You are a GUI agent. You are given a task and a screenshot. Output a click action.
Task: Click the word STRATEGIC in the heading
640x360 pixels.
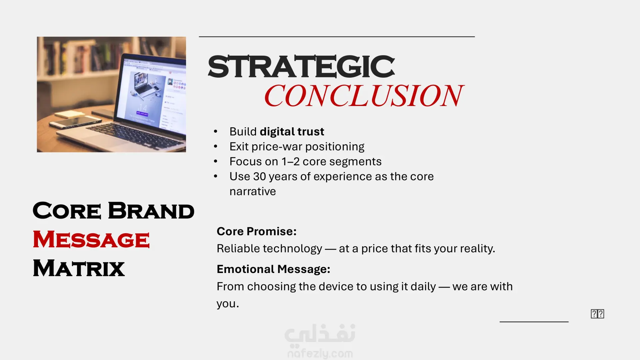pos(301,67)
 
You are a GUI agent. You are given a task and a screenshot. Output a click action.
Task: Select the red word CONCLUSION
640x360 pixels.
pos(364,96)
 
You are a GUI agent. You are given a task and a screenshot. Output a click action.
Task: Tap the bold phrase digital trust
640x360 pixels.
pos(292,132)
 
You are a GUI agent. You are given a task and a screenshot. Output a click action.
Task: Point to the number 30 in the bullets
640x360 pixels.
pos(259,176)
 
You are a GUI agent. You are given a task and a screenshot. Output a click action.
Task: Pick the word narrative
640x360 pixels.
pos(253,192)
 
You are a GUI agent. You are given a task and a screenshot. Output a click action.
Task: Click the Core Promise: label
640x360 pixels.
pos(257,231)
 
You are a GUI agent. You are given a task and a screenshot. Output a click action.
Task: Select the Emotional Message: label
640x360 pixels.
pos(273,269)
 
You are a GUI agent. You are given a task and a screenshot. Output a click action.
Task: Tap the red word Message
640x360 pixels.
pos(91,239)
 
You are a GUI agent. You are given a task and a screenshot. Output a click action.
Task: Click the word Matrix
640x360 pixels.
pos(79,268)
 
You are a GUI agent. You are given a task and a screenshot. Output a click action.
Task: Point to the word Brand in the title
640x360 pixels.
pos(151,211)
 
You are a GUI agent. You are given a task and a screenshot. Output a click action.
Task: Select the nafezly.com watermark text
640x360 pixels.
pos(320,353)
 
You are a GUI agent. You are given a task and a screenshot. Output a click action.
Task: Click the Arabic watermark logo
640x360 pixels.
pos(320,334)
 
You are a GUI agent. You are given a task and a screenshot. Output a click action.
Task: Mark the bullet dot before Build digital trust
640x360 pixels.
pos(216,132)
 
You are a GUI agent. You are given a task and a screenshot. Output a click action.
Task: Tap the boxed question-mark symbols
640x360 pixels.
pos(597,314)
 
